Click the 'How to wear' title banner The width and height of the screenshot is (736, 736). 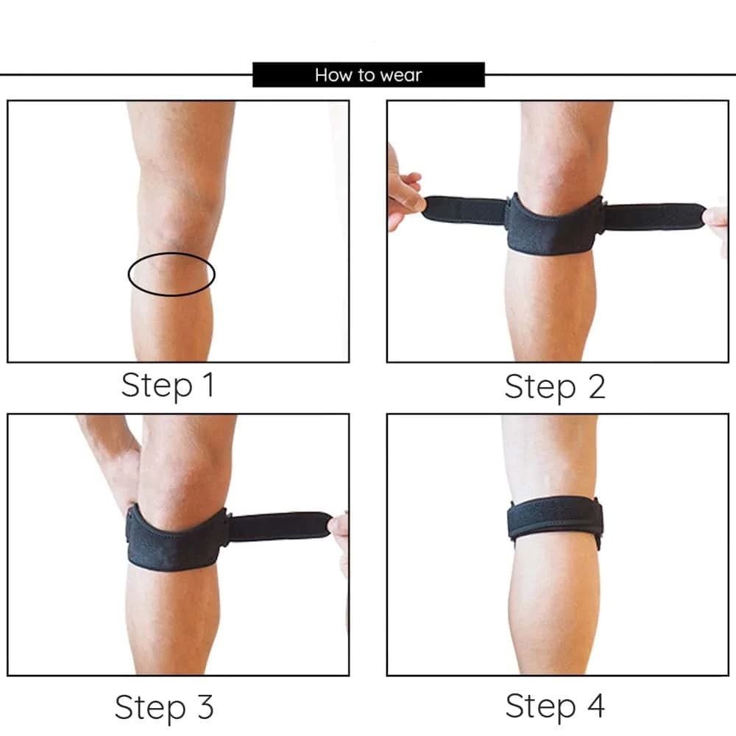click(x=369, y=74)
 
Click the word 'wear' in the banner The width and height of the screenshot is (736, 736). click(x=401, y=75)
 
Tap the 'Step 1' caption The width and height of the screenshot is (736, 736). click(x=168, y=386)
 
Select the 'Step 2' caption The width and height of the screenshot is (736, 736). click(x=555, y=387)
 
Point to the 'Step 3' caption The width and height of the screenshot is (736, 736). click(x=164, y=707)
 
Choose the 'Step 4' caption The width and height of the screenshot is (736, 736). click(x=555, y=706)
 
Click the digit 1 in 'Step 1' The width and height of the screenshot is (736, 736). click(x=208, y=384)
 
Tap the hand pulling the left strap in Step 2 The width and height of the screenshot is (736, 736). click(x=403, y=190)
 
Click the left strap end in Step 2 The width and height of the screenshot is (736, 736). click(x=462, y=210)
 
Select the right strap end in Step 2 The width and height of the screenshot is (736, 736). click(x=655, y=216)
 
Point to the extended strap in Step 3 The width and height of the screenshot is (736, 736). click(x=279, y=526)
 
